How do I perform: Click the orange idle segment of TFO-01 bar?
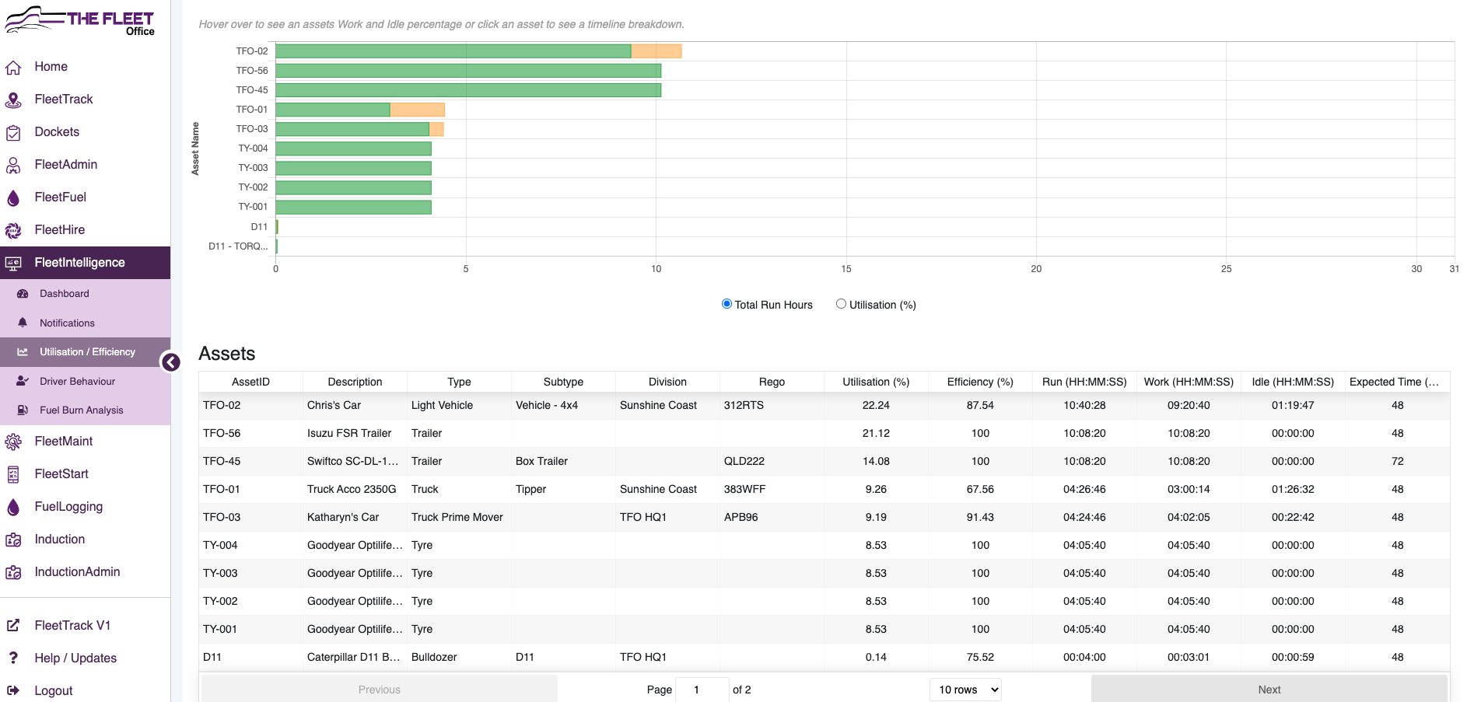pyautogui.click(x=417, y=110)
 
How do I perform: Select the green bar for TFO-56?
pyautogui.click(x=468, y=71)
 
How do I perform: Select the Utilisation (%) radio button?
pyautogui.click(x=841, y=304)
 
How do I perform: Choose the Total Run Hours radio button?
pyautogui.click(x=726, y=304)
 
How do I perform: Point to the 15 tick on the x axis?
pyautogui.click(x=846, y=269)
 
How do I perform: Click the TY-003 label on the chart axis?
pyautogui.click(x=253, y=168)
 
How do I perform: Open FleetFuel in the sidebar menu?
pyautogui.click(x=60, y=197)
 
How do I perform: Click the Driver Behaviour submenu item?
pyautogui.click(x=77, y=382)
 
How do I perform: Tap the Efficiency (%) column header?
pyautogui.click(x=980, y=382)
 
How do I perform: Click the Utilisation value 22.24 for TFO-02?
pyautogui.click(x=876, y=405)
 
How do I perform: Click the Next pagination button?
pyautogui.click(x=1269, y=690)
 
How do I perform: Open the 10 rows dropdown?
pyautogui.click(x=965, y=690)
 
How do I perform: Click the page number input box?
pyautogui.click(x=702, y=690)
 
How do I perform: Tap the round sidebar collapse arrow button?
pyautogui.click(x=170, y=362)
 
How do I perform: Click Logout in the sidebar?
pyautogui.click(x=53, y=690)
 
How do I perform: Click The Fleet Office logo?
pyautogui.click(x=80, y=19)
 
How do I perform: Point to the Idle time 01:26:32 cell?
pyautogui.click(x=1293, y=489)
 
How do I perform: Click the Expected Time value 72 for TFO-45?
pyautogui.click(x=1397, y=461)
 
